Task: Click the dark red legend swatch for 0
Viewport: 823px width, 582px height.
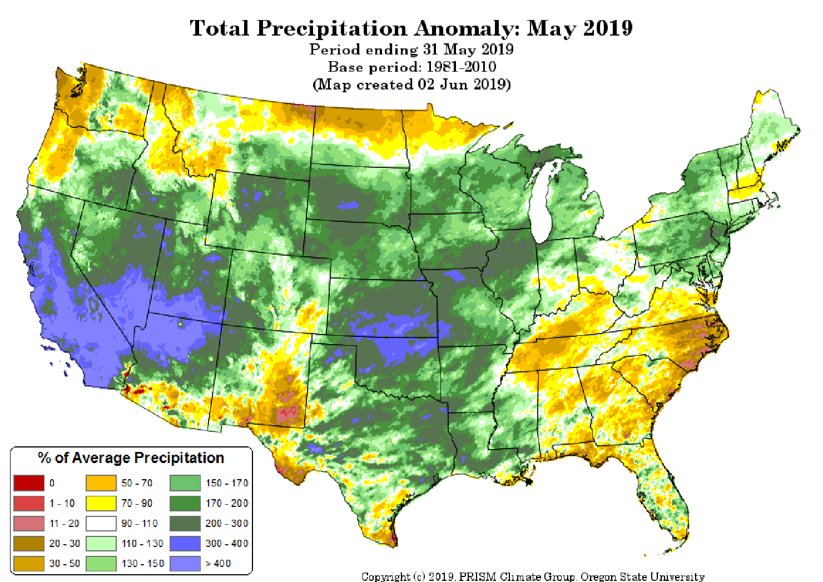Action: [x=29, y=483]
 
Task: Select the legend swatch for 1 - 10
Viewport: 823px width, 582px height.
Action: [x=29, y=503]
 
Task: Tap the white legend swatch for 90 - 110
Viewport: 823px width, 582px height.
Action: [x=101, y=524]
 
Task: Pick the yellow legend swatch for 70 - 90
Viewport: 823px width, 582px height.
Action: [x=101, y=503]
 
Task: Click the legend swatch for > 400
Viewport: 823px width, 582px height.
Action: [x=185, y=564]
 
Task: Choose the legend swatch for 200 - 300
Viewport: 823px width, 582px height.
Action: [x=185, y=524]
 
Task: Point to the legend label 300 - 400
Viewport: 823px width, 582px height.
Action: [x=227, y=544]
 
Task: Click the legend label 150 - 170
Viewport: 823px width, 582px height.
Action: [x=227, y=483]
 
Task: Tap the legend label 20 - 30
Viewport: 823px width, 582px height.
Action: [x=65, y=544]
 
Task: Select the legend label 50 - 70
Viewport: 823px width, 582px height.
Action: [x=137, y=483]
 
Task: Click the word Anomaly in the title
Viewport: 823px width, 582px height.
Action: [x=467, y=28]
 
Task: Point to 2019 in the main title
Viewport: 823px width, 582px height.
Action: [x=608, y=28]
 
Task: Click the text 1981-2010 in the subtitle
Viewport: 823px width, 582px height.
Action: [x=461, y=67]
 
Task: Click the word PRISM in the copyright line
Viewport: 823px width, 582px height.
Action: [x=479, y=577]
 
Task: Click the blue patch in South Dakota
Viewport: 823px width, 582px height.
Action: [x=349, y=205]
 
